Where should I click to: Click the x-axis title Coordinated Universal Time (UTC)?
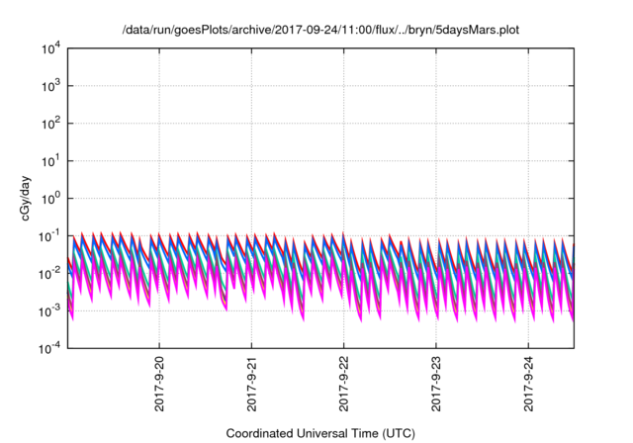tap(320, 433)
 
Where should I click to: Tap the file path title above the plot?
tap(320, 30)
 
